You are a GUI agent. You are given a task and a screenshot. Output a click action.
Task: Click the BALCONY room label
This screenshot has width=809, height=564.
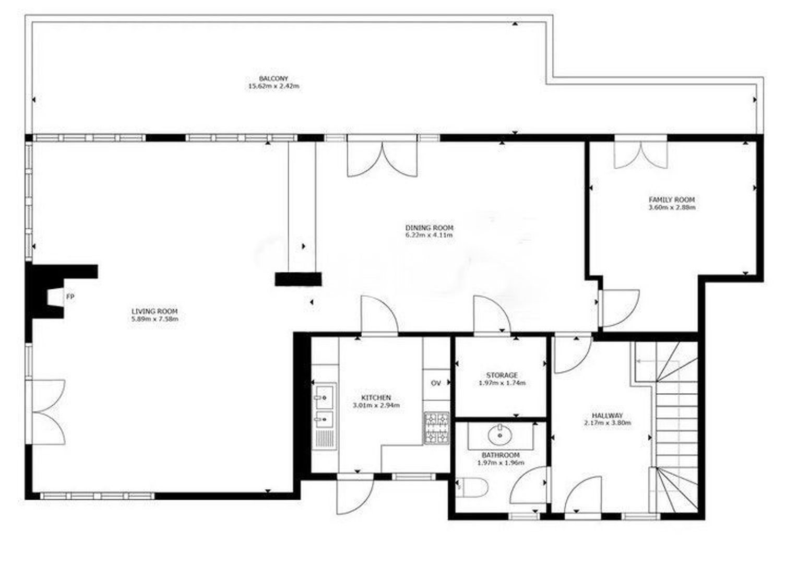pyautogui.click(x=273, y=78)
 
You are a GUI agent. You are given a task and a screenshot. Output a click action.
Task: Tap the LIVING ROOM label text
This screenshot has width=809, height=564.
pyautogui.click(x=154, y=311)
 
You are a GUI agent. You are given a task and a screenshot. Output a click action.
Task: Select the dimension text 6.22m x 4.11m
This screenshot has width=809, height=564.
pyautogui.click(x=429, y=235)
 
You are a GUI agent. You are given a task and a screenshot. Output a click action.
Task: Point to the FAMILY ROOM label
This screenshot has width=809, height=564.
pyautogui.click(x=672, y=199)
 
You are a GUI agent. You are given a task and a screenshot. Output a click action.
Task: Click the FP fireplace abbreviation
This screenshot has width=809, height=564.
pyautogui.click(x=70, y=297)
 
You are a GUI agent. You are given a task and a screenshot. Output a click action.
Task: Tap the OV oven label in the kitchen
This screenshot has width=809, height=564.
pyautogui.click(x=436, y=383)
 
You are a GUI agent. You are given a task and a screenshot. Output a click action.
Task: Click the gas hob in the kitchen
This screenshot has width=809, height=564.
pyautogui.click(x=436, y=428)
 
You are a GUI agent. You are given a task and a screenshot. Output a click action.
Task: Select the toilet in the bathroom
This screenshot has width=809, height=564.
pyautogui.click(x=472, y=487)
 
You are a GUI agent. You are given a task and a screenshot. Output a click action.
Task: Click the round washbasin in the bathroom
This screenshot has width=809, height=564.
pyautogui.click(x=500, y=436)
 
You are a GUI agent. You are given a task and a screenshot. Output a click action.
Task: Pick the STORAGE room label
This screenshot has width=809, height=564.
pyautogui.click(x=502, y=375)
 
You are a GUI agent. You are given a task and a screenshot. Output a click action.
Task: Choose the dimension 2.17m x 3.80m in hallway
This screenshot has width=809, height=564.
pyautogui.click(x=608, y=422)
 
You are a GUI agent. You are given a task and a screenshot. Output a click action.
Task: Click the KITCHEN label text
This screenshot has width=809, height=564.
pyautogui.click(x=376, y=398)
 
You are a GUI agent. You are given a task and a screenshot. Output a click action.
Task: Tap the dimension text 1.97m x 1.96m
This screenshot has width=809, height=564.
pyautogui.click(x=501, y=463)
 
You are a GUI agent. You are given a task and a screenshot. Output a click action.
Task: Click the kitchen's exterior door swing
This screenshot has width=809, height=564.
pyautogui.click(x=355, y=497)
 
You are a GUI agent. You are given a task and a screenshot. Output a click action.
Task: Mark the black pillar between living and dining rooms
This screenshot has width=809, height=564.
pyautogui.click(x=298, y=279)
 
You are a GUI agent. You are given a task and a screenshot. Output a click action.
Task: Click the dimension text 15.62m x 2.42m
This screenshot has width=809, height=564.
pyautogui.click(x=273, y=86)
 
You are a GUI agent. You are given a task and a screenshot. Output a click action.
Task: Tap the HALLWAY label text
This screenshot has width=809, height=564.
pyautogui.click(x=608, y=415)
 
